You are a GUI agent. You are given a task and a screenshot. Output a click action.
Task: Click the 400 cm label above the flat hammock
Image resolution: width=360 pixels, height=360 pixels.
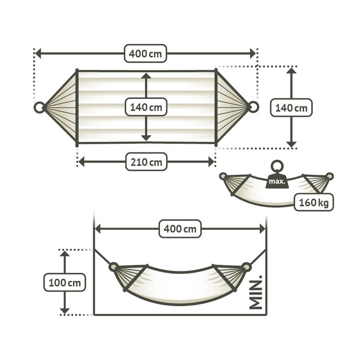click(146, 53)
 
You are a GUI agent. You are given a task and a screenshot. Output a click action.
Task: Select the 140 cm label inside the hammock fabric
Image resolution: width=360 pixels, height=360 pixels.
click(146, 107)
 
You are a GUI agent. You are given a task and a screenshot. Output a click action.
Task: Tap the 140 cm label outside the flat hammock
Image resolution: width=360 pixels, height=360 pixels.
click(291, 107)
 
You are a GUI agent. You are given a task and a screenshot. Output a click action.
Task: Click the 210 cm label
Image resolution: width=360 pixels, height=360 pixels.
click(146, 162)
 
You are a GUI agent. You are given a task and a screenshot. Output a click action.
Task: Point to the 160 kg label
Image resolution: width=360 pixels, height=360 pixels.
click(314, 202)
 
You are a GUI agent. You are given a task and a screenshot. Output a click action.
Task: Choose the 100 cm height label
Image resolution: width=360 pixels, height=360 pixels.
click(64, 282)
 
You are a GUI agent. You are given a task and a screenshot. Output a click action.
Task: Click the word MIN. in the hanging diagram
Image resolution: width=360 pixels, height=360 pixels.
click(256, 292)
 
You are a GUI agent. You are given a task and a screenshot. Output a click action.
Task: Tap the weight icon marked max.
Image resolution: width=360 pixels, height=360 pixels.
click(277, 180)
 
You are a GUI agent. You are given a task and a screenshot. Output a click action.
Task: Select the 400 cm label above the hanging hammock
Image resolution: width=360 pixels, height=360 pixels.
click(180, 229)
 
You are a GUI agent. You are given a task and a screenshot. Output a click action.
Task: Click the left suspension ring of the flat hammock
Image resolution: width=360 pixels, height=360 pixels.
click(39, 107)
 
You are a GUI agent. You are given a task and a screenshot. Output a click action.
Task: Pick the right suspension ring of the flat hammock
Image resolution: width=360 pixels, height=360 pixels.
click(254, 107)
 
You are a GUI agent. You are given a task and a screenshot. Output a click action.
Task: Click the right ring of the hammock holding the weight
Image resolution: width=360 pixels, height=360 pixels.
click(329, 176)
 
